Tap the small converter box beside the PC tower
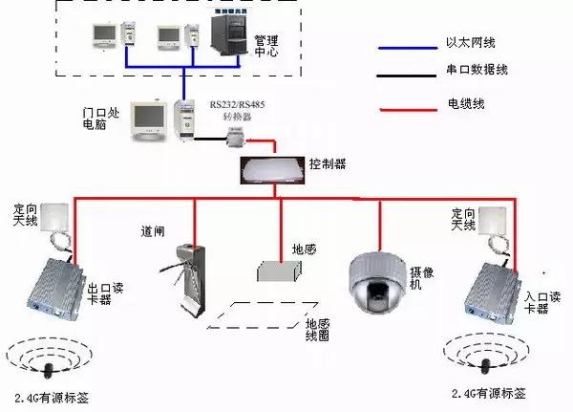coord(233,140)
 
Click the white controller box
coord(275,169)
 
